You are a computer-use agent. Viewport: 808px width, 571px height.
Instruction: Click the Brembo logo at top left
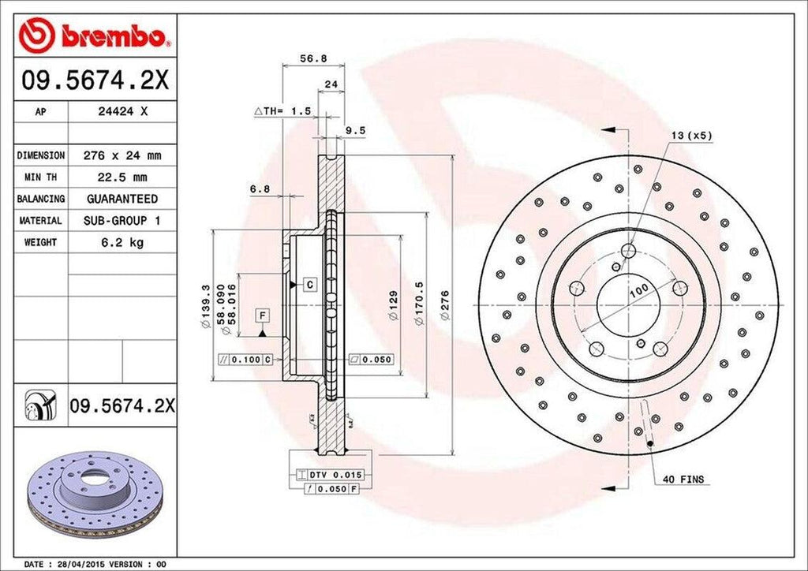95,36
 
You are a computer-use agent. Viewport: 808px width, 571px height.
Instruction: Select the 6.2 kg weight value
122,243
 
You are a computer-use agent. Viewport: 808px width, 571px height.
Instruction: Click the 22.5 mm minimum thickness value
122,177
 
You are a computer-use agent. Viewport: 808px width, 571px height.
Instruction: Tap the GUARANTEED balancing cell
122,199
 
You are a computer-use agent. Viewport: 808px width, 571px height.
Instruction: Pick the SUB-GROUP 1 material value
122,222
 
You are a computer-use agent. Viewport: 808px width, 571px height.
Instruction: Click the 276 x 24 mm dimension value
122,156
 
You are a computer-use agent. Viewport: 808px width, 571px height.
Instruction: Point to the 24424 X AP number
122,112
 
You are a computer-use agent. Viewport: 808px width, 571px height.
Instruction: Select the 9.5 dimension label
356,131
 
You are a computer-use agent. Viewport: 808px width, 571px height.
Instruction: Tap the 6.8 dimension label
260,188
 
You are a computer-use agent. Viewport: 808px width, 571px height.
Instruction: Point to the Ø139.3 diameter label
206,305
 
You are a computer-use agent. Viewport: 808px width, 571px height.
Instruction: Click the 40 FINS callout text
684,479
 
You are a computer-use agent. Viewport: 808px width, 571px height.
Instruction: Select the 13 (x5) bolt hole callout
692,135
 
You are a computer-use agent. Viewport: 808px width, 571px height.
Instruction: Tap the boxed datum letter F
261,316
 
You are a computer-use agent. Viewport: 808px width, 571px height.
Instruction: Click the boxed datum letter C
309,283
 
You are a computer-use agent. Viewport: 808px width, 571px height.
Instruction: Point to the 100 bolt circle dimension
638,289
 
